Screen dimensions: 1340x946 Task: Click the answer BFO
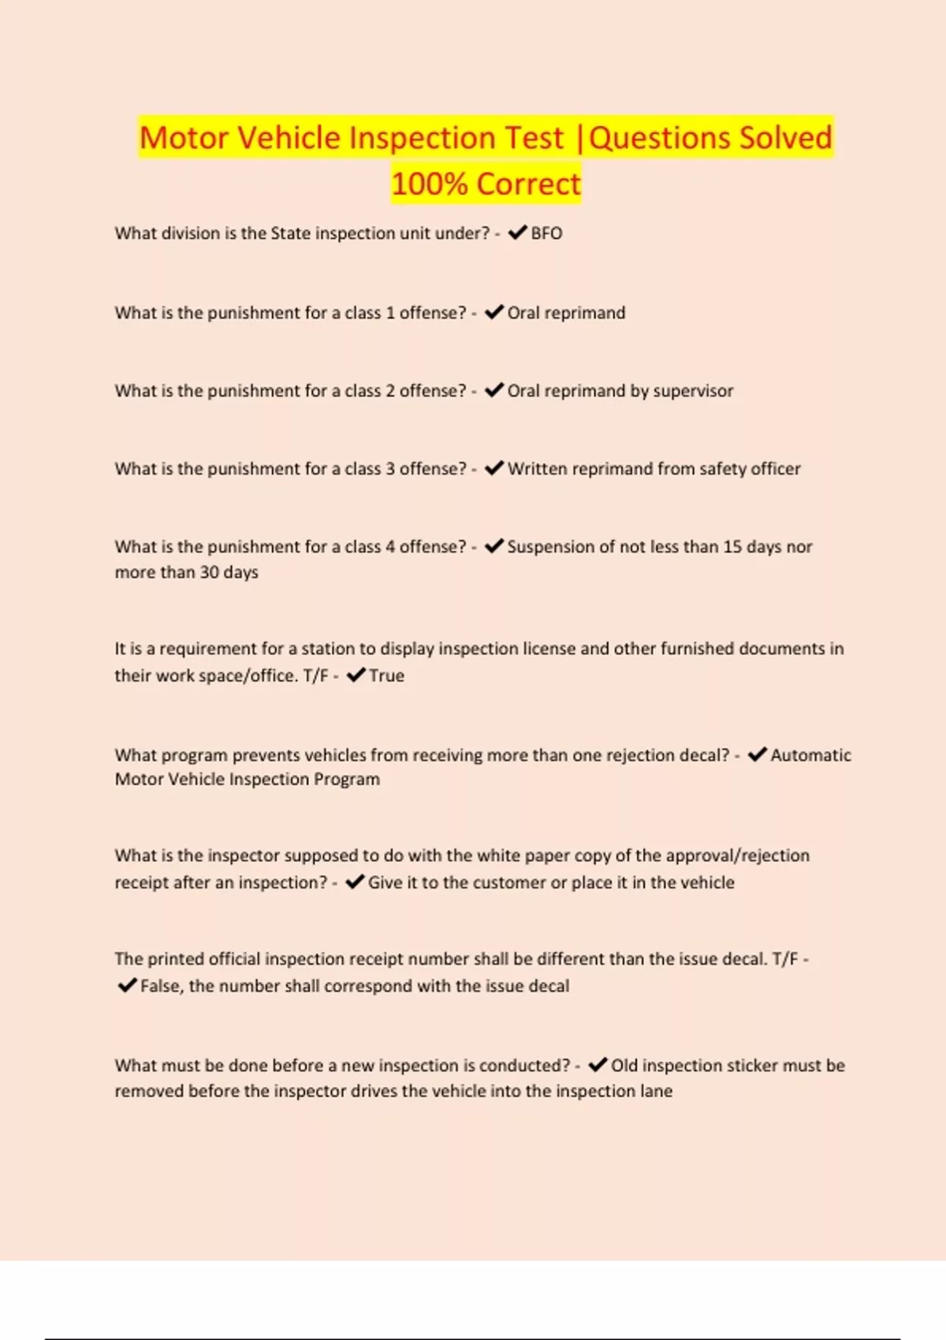click(546, 233)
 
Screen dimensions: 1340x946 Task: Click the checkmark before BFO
click(518, 233)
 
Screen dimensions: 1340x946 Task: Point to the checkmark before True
click(356, 675)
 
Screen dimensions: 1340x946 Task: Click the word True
click(386, 676)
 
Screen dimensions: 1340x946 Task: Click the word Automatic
click(810, 755)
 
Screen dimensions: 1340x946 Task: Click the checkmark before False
click(127, 985)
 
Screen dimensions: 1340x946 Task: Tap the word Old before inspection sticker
click(624, 1066)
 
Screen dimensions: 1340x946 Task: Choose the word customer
click(510, 883)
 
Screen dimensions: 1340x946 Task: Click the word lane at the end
click(657, 1092)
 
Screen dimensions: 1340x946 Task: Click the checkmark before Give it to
click(355, 882)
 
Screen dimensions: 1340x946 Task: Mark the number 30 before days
click(209, 572)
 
